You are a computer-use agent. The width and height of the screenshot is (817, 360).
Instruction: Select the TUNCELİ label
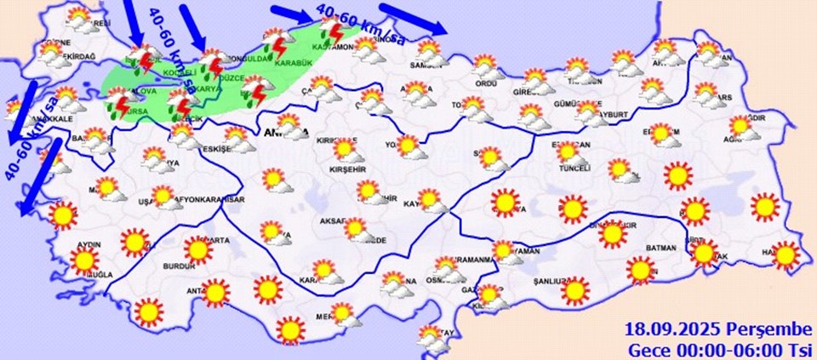574,169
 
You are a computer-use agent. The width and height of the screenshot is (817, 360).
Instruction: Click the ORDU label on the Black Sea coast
486,83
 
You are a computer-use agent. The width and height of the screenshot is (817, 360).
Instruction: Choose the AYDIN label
89,244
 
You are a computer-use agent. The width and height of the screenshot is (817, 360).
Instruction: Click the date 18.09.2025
669,329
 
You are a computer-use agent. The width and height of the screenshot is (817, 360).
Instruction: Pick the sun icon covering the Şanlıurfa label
575,290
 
